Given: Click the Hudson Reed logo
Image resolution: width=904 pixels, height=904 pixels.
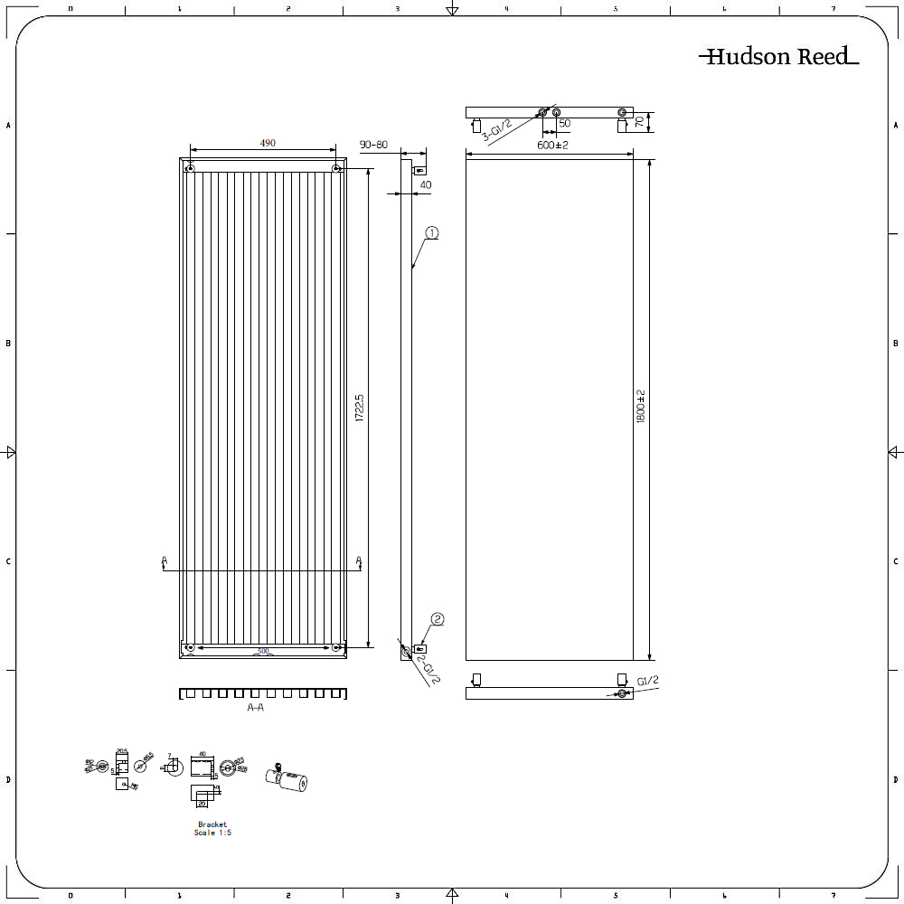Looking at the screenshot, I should pyautogui.click(x=777, y=57).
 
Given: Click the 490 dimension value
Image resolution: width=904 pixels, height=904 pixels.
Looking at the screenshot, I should pyautogui.click(x=268, y=143).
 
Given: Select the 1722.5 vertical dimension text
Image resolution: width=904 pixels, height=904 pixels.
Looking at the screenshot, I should pyautogui.click(x=359, y=408).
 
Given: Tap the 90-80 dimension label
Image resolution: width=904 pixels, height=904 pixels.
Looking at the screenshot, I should pyautogui.click(x=373, y=145).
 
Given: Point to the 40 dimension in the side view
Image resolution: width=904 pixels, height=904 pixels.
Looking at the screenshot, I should pyautogui.click(x=426, y=184).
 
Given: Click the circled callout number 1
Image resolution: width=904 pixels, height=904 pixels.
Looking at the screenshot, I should pyautogui.click(x=431, y=233).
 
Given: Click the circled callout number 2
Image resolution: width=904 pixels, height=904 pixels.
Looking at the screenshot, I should pyautogui.click(x=438, y=619).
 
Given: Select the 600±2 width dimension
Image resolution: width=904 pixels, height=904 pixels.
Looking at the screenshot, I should pyautogui.click(x=552, y=146).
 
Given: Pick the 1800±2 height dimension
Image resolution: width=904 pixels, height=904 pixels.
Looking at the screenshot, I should pyautogui.click(x=641, y=408).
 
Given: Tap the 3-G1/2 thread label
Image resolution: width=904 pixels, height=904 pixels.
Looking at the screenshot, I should pyautogui.click(x=496, y=131).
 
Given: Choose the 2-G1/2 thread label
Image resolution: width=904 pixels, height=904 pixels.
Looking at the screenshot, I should pyautogui.click(x=428, y=669).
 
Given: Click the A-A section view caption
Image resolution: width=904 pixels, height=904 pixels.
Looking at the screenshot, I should pyautogui.click(x=256, y=708).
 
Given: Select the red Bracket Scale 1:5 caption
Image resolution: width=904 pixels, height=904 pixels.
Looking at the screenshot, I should pyautogui.click(x=212, y=828).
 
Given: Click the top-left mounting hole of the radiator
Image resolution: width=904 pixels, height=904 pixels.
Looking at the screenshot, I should pyautogui.click(x=191, y=168).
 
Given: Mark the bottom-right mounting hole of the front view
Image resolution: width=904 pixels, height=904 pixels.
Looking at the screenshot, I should pyautogui.click(x=336, y=646).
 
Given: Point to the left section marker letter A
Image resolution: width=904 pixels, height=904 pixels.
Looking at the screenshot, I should pyautogui.click(x=164, y=561).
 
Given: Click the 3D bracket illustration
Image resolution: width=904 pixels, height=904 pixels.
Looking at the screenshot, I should pyautogui.click(x=288, y=777).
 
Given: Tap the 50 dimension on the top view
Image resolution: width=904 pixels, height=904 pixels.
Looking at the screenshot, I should pyautogui.click(x=564, y=123).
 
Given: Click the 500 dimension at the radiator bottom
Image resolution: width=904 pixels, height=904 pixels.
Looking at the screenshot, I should pyautogui.click(x=263, y=651).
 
